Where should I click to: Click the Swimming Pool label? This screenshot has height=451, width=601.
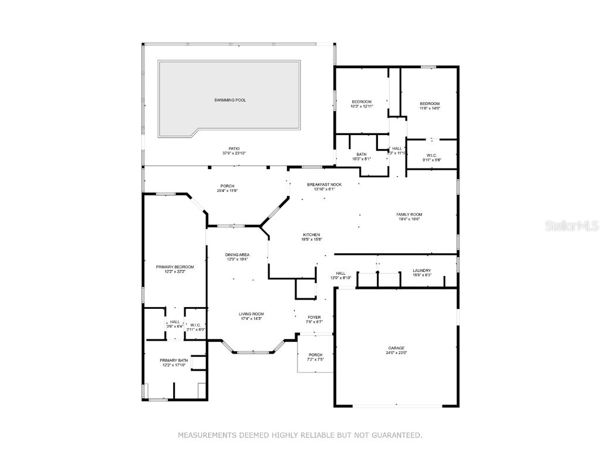click(x=229, y=100)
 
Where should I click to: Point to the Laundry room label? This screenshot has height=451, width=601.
click(x=421, y=271)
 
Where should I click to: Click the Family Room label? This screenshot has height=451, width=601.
click(x=409, y=215)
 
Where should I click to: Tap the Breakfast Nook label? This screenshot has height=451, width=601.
click(x=324, y=184)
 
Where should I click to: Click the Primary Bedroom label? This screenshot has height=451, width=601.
click(x=175, y=267)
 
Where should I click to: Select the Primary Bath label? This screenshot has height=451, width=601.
click(x=174, y=361)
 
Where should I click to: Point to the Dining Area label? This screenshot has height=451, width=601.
click(x=238, y=255)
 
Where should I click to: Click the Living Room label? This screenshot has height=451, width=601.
click(x=251, y=314)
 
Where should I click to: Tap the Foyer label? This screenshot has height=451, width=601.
click(x=314, y=317)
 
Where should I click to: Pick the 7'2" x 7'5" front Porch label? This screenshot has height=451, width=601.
click(x=316, y=355)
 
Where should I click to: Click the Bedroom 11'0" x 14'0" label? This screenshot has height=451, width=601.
click(x=430, y=104)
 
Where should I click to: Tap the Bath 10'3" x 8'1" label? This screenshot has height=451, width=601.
click(x=362, y=154)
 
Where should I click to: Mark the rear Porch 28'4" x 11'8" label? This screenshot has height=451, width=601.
click(x=228, y=186)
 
